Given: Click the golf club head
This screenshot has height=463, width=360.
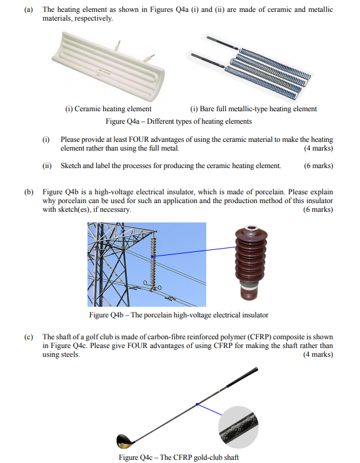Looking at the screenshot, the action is [x=124, y=441].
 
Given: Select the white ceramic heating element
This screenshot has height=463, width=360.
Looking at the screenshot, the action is [x=107, y=68].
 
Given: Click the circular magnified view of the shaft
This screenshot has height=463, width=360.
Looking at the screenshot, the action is [x=238, y=427].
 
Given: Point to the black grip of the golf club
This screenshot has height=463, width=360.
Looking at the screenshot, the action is [x=242, y=377].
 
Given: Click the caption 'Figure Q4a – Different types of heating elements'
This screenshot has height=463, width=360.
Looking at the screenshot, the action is [x=179, y=121].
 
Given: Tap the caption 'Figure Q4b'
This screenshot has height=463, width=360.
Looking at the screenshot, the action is [x=179, y=315].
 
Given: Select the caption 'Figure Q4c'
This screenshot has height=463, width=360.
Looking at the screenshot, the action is [x=179, y=457].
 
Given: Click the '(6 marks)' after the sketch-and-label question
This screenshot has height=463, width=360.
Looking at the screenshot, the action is [x=318, y=166].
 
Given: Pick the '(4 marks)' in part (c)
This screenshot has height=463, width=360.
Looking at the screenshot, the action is [x=318, y=354].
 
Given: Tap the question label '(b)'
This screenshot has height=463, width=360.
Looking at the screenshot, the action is [x=29, y=192].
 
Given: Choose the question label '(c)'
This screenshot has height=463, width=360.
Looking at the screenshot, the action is [x=29, y=337].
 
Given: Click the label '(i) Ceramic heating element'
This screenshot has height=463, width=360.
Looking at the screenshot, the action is [x=108, y=109].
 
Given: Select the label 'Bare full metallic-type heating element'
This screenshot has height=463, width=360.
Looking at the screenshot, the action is [x=258, y=109].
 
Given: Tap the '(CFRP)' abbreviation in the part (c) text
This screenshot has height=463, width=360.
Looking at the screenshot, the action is [x=259, y=337].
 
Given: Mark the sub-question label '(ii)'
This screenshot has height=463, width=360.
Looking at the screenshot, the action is [x=47, y=166].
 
